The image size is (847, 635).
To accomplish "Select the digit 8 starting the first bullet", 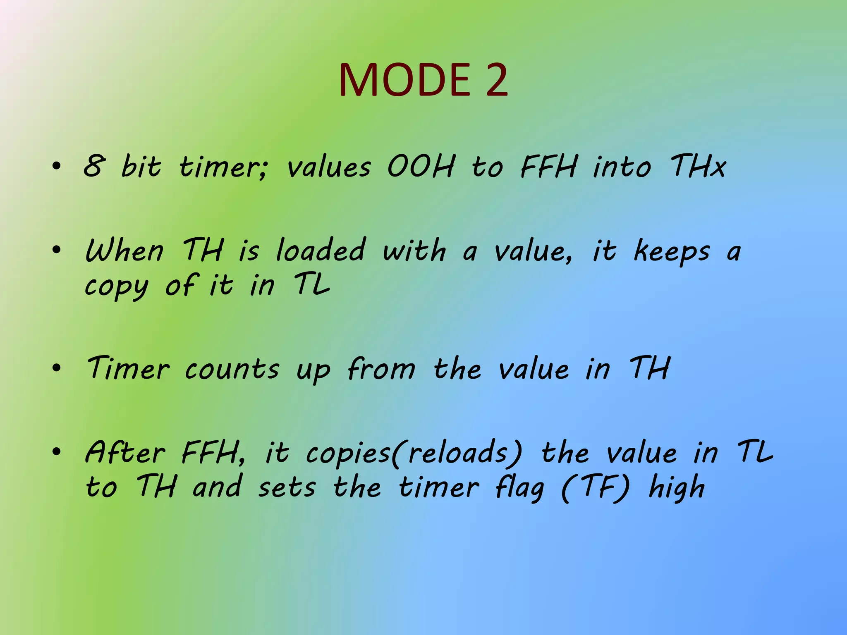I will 93,166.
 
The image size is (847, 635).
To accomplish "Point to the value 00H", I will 421,166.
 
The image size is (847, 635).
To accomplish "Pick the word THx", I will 698,166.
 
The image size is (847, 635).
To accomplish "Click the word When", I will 124,251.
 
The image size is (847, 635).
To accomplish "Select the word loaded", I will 321,251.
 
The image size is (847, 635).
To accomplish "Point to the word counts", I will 232,369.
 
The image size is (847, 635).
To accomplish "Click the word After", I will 125,452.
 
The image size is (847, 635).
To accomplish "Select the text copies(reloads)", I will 414,453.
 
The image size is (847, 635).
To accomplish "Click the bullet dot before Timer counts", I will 57,368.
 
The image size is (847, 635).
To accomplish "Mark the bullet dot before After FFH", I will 57,451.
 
